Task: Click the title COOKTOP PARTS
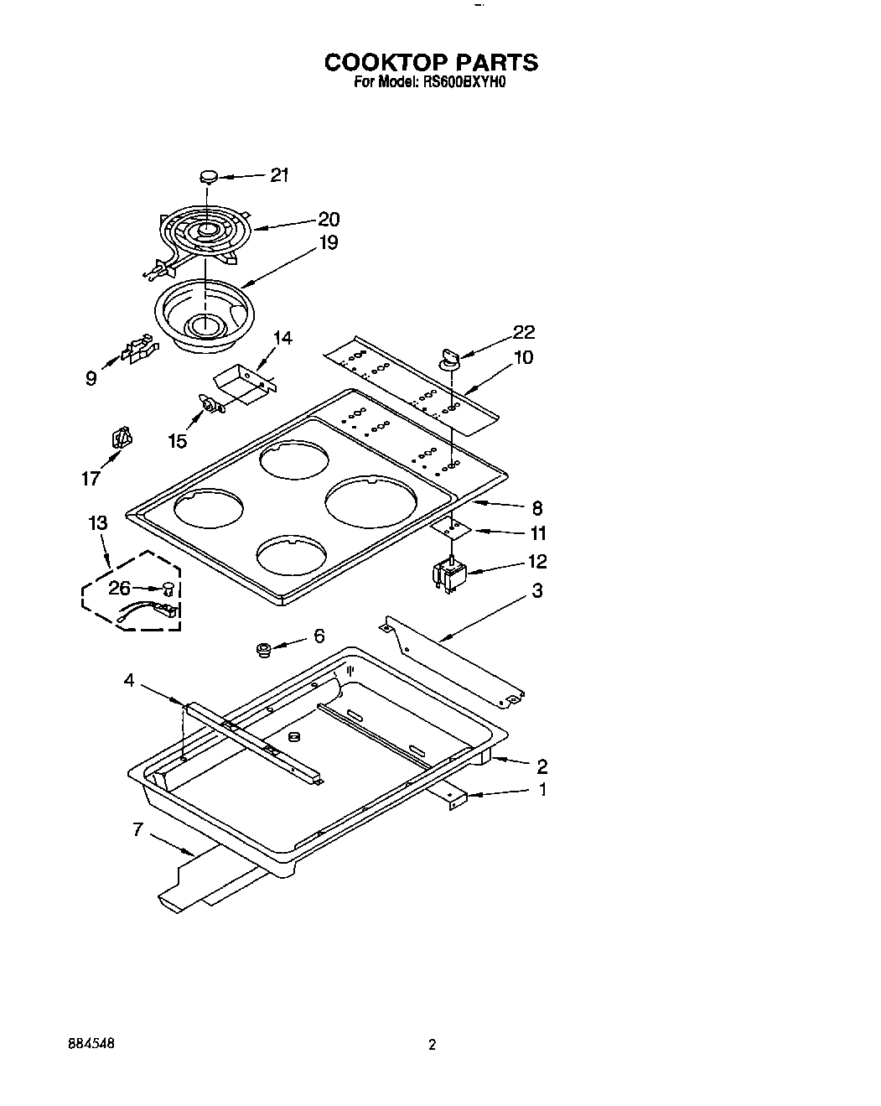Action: [x=431, y=63]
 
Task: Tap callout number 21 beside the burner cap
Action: [x=279, y=175]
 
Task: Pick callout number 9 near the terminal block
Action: [x=91, y=378]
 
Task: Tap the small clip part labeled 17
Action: [x=122, y=439]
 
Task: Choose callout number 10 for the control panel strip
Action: [x=523, y=358]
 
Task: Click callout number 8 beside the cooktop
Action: [x=536, y=507]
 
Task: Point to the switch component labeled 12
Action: [x=450, y=577]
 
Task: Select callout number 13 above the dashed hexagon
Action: [x=97, y=523]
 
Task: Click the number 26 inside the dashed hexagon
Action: [x=119, y=589]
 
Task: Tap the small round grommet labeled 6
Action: [x=263, y=650]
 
